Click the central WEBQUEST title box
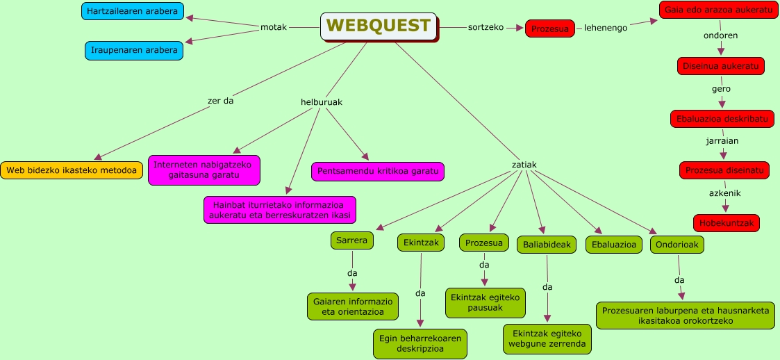tap(379, 26)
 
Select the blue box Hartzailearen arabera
tap(133, 11)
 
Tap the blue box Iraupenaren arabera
tap(133, 50)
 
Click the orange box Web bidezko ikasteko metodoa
tap(72, 170)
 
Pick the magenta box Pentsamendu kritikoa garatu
tap(378, 170)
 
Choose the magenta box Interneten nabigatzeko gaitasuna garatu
tap(204, 170)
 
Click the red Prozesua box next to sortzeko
tap(550, 28)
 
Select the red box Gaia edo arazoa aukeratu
tap(719, 10)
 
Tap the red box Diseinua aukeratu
tap(720, 66)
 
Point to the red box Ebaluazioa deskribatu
tap(722, 119)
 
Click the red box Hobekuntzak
tap(726, 222)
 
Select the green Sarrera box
tap(352, 240)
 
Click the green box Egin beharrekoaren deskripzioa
tap(420, 343)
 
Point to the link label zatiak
tap(524, 165)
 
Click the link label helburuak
tap(321, 102)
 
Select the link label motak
tap(273, 27)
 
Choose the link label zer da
tap(220, 101)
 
